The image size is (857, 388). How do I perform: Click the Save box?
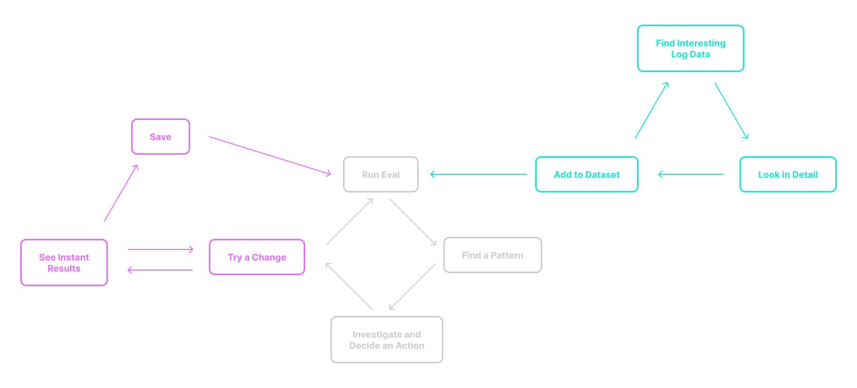160,137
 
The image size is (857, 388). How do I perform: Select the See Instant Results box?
64,263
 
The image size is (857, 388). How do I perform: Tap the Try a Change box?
257,257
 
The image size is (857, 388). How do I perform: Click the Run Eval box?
380,174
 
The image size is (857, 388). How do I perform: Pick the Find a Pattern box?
492,255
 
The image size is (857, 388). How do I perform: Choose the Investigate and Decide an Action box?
386,340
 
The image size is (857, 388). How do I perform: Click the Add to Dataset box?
587,174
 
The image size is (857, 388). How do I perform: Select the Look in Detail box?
787,174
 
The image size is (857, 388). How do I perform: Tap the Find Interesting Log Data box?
691,48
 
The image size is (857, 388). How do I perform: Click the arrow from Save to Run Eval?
270,155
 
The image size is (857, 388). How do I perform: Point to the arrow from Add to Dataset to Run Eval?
478,174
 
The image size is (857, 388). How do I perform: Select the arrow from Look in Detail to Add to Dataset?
691,174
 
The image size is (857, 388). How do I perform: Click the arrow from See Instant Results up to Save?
121,193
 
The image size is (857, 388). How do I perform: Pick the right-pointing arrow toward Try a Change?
160,249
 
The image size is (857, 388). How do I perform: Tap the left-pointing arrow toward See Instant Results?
160,270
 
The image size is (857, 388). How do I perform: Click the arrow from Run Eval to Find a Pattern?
413,222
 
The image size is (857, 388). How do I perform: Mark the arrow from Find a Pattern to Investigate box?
413,286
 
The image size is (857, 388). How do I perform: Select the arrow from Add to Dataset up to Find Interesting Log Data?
652,110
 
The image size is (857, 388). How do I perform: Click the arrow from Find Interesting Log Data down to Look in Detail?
731,110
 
